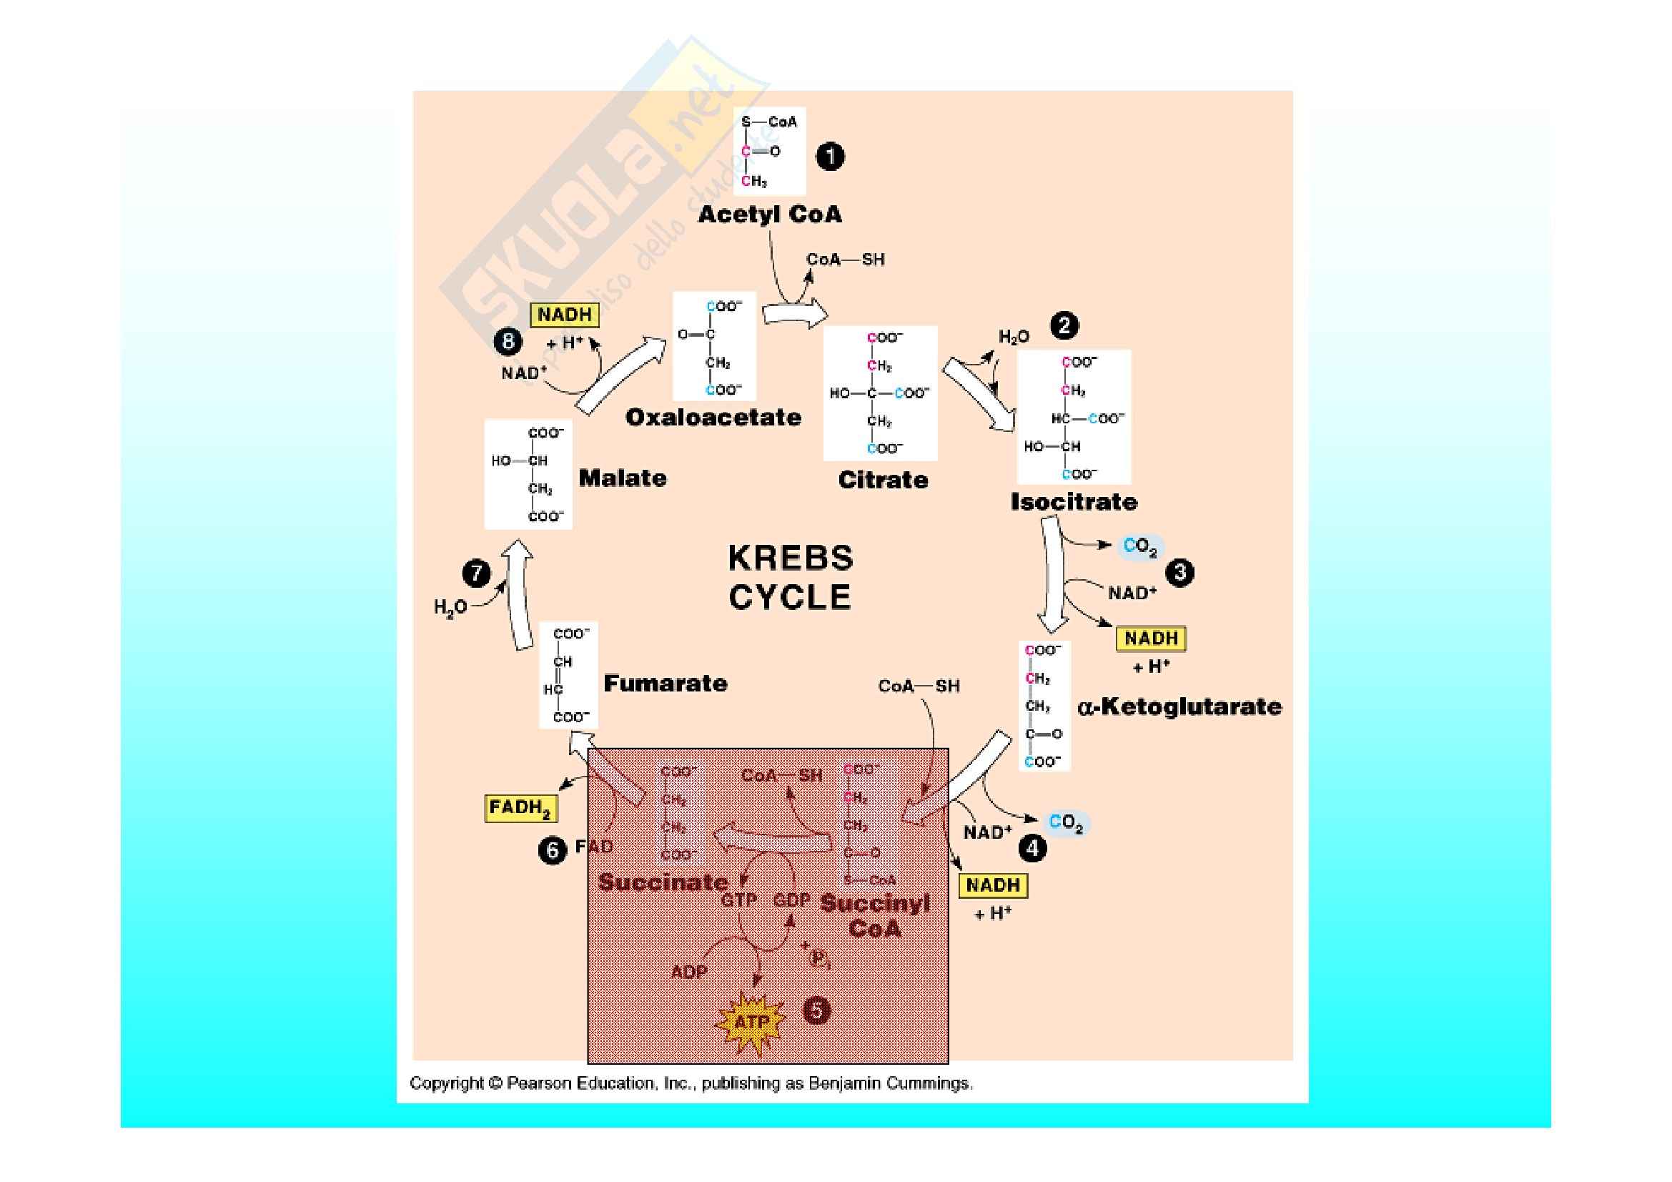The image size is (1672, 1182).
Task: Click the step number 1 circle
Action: pos(830,157)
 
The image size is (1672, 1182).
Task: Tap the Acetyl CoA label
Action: pos(770,214)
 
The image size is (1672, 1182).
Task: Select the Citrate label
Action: pos(883,480)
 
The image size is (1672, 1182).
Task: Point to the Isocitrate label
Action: pos(1074,502)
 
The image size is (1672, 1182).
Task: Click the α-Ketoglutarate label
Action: pos(1179,706)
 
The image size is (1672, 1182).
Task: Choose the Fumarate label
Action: pos(665,683)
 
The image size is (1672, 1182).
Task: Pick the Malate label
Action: pos(623,478)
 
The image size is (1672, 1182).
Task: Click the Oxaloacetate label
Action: pos(713,418)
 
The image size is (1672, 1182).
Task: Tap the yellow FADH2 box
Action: pos(520,807)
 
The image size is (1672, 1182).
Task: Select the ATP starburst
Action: pos(751,1021)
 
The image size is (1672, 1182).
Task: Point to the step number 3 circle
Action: pos(1179,573)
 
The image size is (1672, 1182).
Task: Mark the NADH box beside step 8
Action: pos(565,315)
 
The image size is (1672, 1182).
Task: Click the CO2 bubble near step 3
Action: pos(1139,547)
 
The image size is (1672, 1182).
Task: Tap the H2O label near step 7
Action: pos(450,606)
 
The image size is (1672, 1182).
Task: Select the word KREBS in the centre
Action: pos(791,558)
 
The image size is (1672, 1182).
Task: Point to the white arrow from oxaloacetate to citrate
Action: pos(795,315)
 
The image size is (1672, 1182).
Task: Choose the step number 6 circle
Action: pos(552,850)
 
